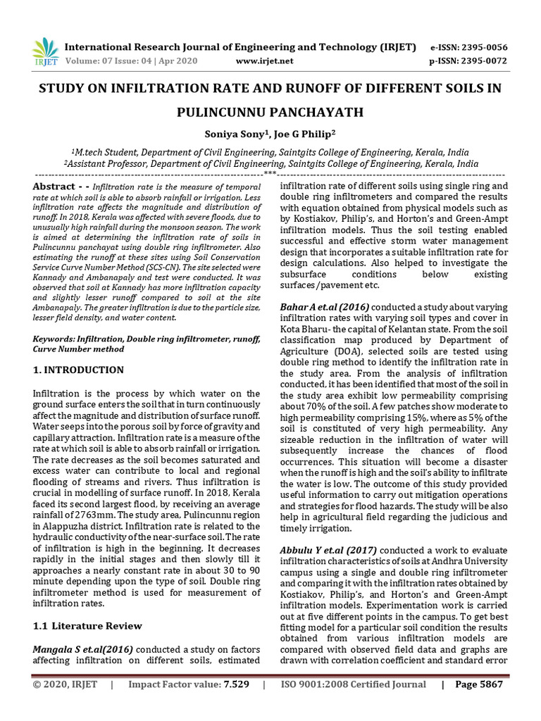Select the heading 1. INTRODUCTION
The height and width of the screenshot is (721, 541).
tap(79, 370)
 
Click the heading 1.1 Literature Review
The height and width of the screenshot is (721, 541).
tap(88, 626)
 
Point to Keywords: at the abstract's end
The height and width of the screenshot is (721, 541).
tap(57, 339)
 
